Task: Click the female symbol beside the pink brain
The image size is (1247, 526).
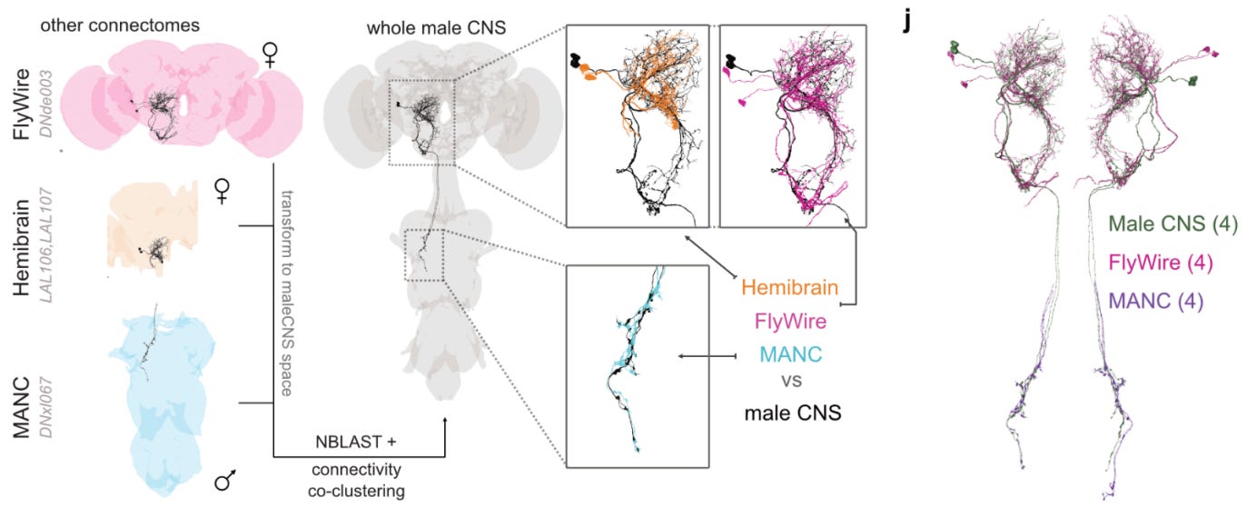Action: click(x=271, y=56)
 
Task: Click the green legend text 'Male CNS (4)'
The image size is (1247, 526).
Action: click(x=1173, y=223)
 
